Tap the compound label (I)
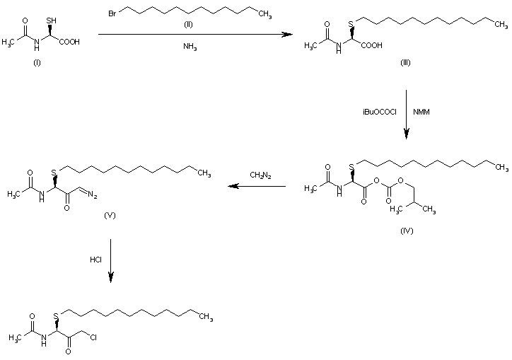click(x=37, y=63)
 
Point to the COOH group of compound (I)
click(x=69, y=42)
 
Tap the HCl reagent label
click(x=95, y=260)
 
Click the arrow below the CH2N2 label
click(x=256, y=187)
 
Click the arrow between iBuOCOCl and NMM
click(x=407, y=113)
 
